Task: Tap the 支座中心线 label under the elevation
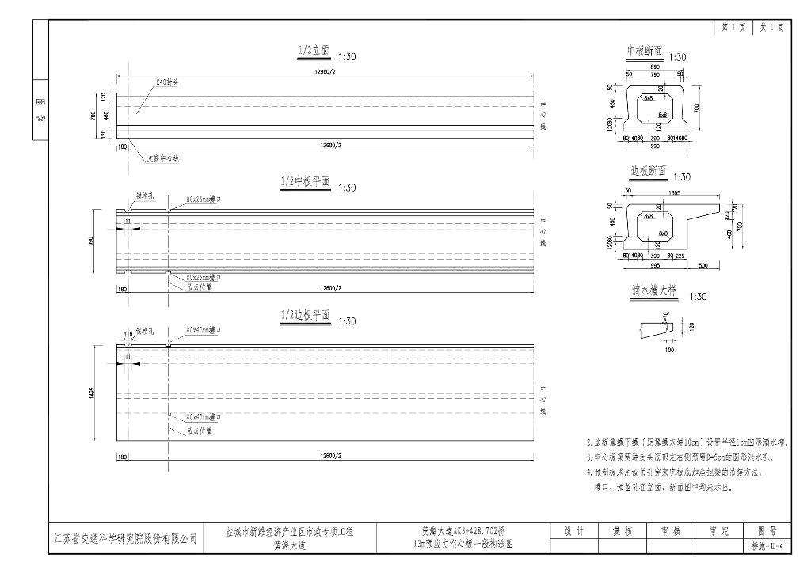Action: tap(163, 158)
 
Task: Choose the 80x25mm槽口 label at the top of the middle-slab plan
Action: tap(204, 199)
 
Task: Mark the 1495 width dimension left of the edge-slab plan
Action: tap(93, 393)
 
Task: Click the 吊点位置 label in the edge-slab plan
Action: tap(200, 432)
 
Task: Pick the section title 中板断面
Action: tap(644, 51)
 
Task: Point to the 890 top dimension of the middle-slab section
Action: tap(654, 67)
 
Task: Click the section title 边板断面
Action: tap(648, 171)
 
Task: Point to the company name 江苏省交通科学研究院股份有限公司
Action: tap(124, 538)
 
